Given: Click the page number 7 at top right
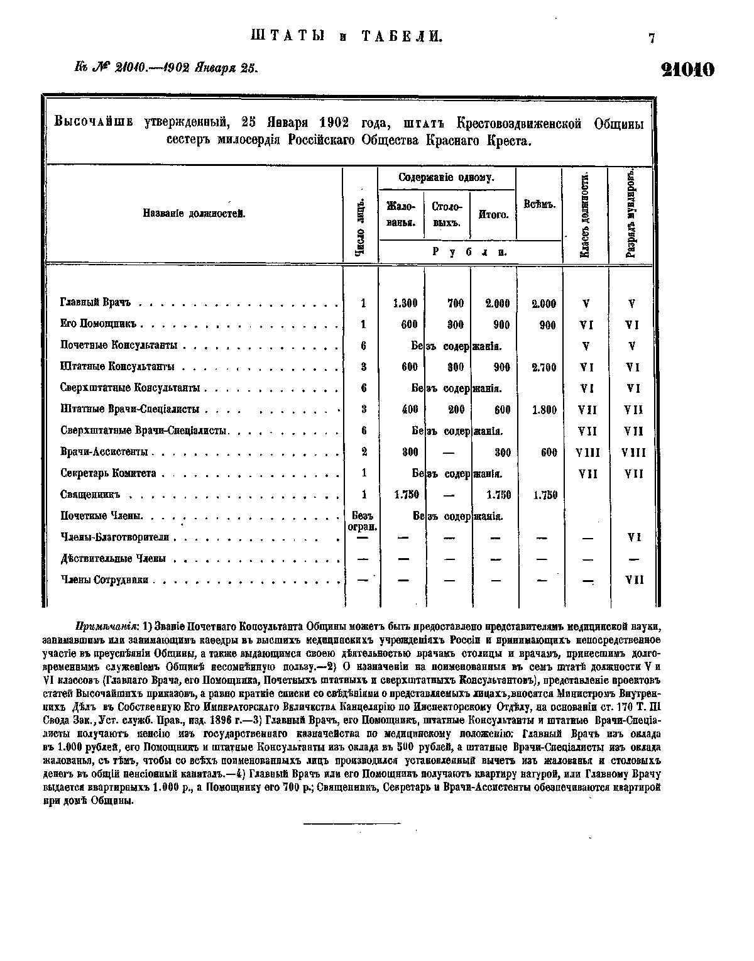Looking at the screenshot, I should pyautogui.click(x=652, y=39).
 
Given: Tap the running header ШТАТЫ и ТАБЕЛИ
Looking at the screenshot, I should pyautogui.click(x=347, y=36).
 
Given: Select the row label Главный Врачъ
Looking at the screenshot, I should pyautogui.click(x=95, y=303).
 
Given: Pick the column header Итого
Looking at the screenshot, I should pyautogui.click(x=493, y=214).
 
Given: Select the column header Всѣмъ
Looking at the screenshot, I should pyautogui.click(x=538, y=204).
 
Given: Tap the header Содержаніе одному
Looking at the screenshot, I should pyautogui.click(x=446, y=178).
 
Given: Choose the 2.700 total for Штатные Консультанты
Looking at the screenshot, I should pyautogui.click(x=544, y=368).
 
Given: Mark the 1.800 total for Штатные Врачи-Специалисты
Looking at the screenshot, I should pyautogui.click(x=544, y=410).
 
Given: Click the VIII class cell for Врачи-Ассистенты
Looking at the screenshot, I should pyautogui.click(x=587, y=453).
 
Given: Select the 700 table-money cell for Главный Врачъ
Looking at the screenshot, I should pyautogui.click(x=455, y=304).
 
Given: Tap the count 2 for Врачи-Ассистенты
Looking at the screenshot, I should pyautogui.click(x=364, y=452).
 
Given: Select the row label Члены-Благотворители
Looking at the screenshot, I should pyautogui.click(x=115, y=537).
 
